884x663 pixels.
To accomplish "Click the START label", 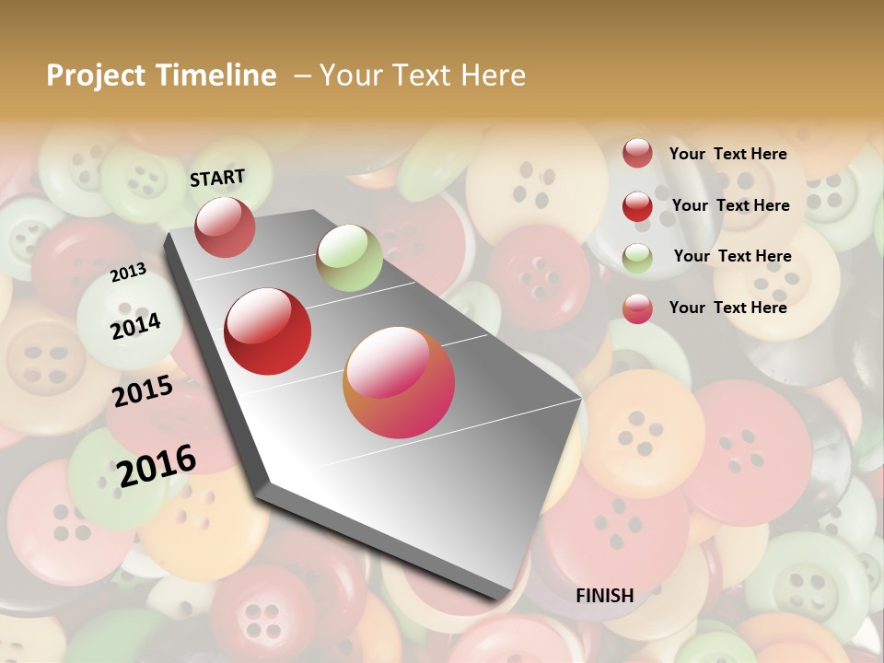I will (217, 178).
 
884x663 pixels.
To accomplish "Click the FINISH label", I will (605, 596).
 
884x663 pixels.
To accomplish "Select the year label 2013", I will (128, 273).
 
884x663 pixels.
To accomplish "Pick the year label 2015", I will (143, 391).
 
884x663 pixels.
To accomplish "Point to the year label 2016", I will (157, 465).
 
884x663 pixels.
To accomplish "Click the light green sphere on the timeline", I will (349, 258).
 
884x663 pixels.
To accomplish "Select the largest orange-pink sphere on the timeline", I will (399, 382).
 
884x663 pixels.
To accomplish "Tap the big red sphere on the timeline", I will (268, 331).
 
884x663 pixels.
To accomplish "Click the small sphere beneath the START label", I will (226, 227).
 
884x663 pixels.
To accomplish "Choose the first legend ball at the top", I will (637, 154).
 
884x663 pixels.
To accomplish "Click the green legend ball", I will (637, 258).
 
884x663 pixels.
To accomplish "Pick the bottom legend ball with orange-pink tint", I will (637, 308).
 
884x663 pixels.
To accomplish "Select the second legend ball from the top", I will (637, 206).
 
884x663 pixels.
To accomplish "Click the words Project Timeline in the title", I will (161, 76).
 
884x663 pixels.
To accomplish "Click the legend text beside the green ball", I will (732, 256).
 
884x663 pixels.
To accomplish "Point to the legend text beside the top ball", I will (727, 154).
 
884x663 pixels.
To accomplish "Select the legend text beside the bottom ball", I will (727, 308).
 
